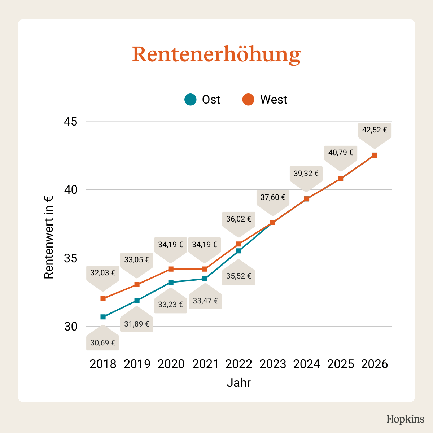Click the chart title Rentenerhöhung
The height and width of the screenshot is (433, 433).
pos(216,54)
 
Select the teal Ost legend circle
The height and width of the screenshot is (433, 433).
pos(191,99)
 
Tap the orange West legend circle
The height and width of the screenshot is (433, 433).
pos(248,99)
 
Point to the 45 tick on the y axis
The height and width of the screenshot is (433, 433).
pos(71,122)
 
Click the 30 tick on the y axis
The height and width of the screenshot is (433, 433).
pos(71,327)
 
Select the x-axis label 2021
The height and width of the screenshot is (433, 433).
pos(205,364)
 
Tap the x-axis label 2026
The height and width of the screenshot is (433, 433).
pos(375,364)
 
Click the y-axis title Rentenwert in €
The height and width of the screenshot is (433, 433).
pos(49,237)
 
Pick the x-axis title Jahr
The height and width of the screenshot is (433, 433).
pos(239,382)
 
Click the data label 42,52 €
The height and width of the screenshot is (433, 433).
pos(375,130)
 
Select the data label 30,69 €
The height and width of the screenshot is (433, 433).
pos(103,343)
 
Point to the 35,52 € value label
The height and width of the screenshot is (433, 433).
pos(239,276)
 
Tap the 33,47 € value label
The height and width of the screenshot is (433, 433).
pos(205,301)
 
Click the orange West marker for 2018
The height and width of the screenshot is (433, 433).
pos(103,298)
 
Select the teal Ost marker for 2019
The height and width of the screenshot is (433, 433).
pos(137,301)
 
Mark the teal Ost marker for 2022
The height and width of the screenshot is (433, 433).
pos(239,251)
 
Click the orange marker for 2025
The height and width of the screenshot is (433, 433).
pos(341,179)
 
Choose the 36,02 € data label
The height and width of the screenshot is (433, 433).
pos(239,219)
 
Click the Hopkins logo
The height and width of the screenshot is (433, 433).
pos(406,419)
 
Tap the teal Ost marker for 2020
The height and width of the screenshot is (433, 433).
pos(171,282)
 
